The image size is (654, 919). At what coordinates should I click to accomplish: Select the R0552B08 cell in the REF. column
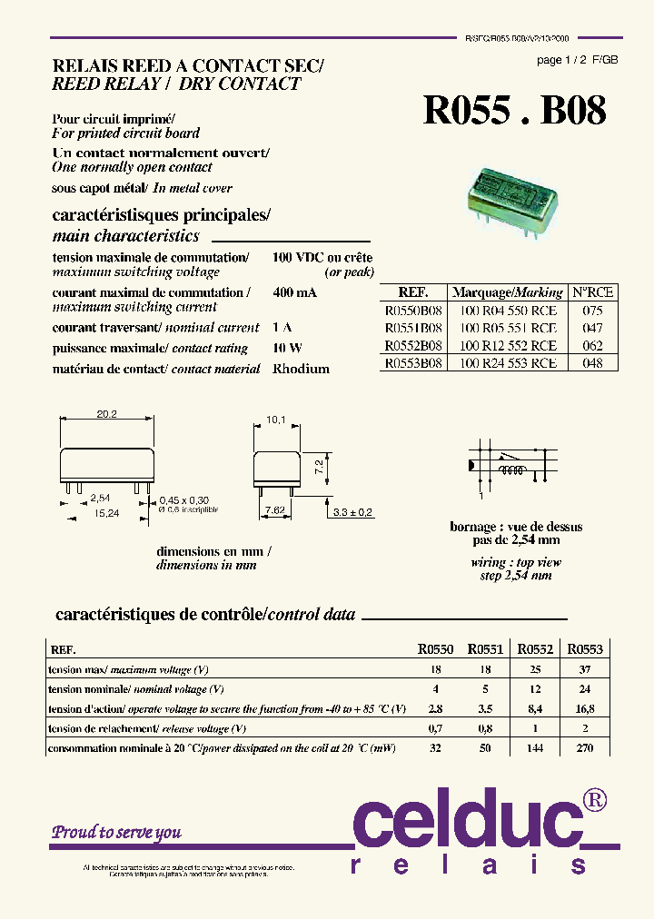(413, 345)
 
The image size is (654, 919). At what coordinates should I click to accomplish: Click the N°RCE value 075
(592, 310)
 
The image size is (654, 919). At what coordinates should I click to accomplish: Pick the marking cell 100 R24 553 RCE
(508, 362)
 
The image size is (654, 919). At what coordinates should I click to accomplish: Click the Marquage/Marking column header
(507, 292)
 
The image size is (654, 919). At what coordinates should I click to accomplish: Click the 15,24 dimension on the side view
(107, 513)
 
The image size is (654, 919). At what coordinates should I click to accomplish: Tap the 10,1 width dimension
(276, 420)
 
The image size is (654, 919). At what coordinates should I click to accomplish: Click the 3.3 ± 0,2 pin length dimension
(354, 513)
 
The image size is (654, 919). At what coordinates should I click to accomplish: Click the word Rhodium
(301, 369)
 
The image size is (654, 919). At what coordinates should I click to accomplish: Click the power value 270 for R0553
(584, 748)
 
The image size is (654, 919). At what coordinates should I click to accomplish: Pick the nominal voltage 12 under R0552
(534, 689)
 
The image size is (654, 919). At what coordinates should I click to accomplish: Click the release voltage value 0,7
(435, 728)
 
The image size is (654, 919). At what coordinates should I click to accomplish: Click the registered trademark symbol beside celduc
(596, 799)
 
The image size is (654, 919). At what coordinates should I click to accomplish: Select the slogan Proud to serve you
(116, 832)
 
